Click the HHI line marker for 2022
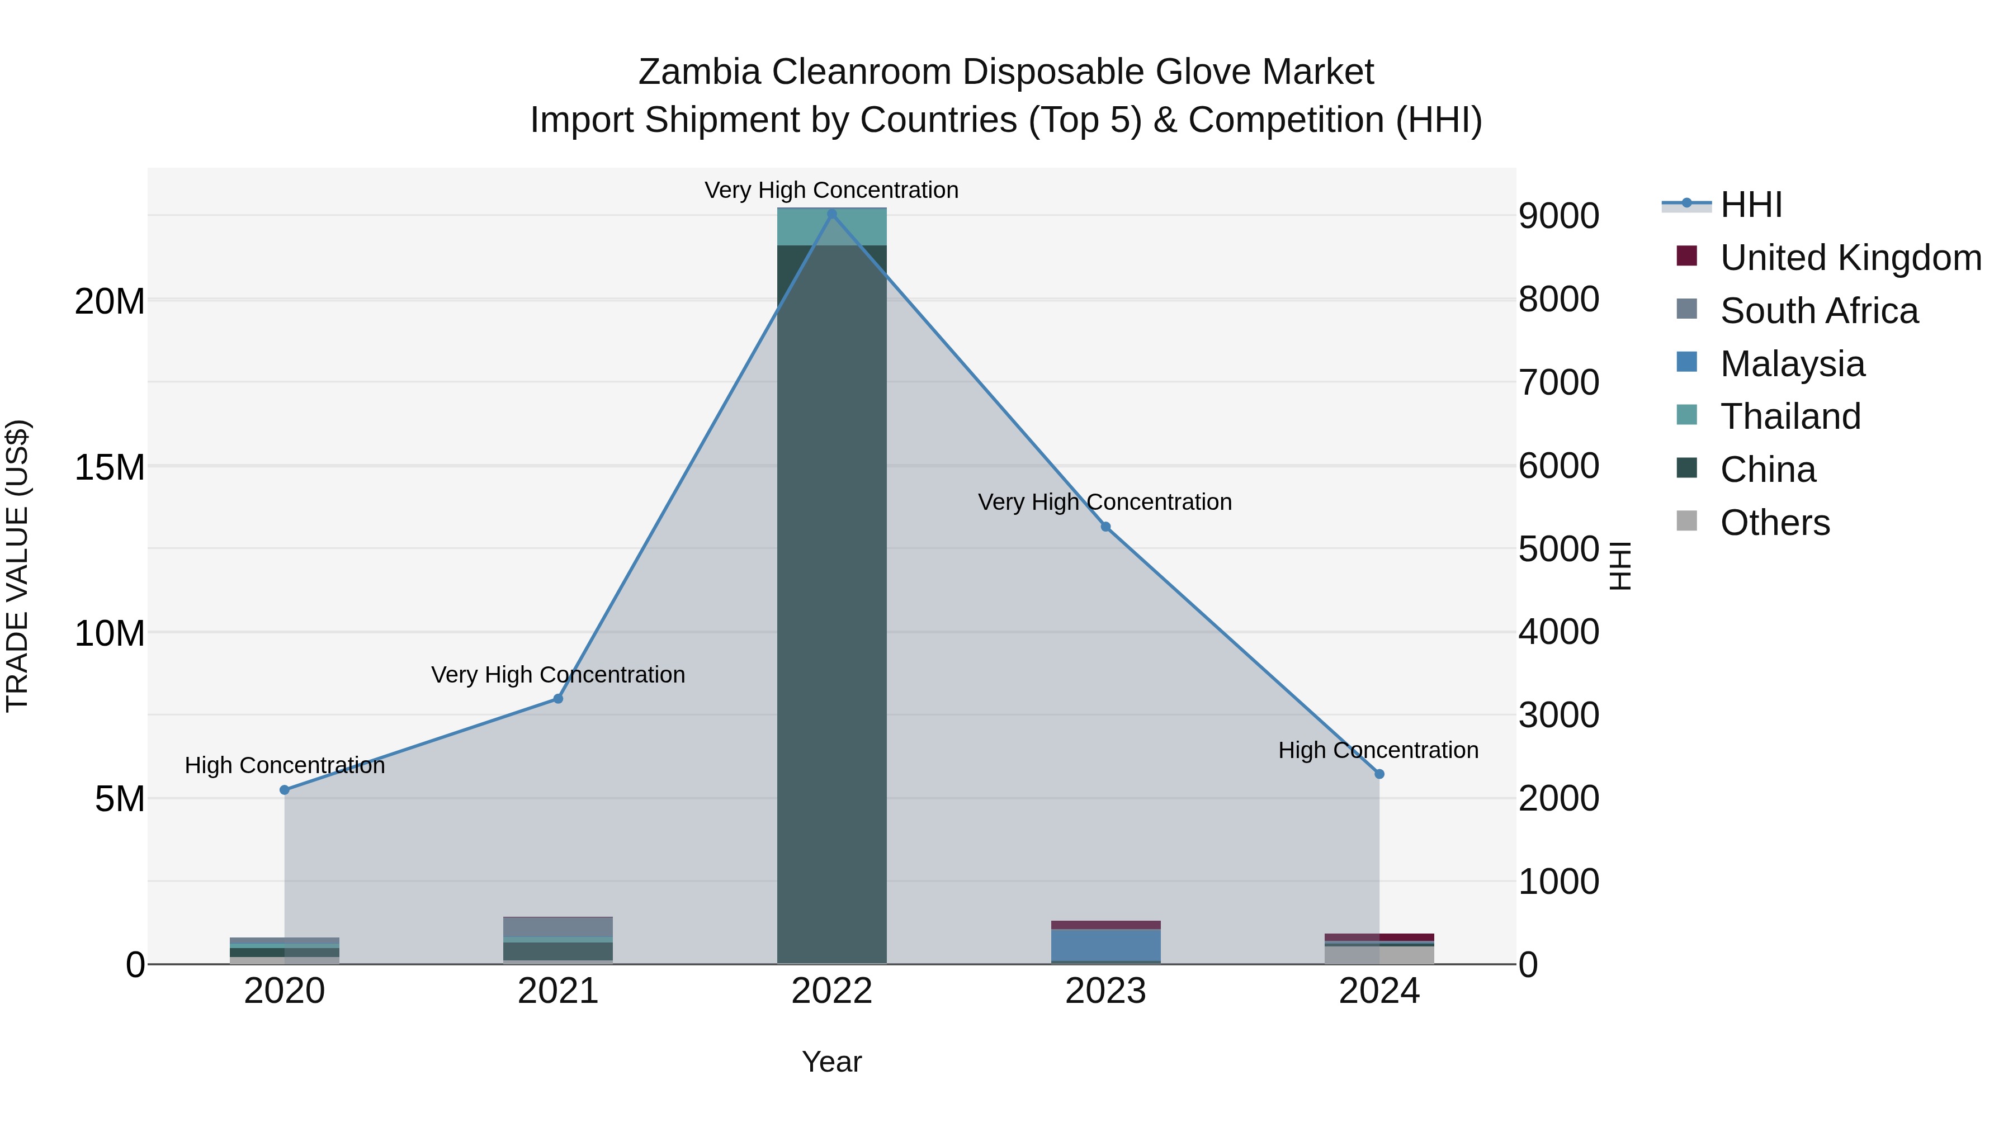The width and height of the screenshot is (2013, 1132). (x=831, y=214)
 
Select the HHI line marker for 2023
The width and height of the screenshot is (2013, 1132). (x=1105, y=527)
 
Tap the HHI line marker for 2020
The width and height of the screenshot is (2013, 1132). (x=285, y=790)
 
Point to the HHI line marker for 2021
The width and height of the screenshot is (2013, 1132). (x=558, y=698)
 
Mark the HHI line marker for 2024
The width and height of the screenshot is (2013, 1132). (x=1379, y=774)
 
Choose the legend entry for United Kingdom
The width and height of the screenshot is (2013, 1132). (x=1850, y=258)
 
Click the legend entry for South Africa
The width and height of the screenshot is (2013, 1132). (x=1818, y=311)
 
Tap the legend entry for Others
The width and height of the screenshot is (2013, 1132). (x=1775, y=523)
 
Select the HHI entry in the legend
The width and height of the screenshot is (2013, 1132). (x=1750, y=205)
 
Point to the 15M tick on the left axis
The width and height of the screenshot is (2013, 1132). (x=110, y=467)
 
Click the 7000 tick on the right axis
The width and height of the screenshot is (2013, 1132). (x=1558, y=383)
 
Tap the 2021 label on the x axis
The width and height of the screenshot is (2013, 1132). (x=558, y=991)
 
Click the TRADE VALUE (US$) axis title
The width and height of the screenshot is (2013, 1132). (x=17, y=566)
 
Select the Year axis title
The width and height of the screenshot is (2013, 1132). (x=831, y=1062)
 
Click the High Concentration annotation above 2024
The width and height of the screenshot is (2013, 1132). (x=1378, y=750)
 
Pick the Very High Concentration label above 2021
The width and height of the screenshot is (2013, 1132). (x=558, y=674)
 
